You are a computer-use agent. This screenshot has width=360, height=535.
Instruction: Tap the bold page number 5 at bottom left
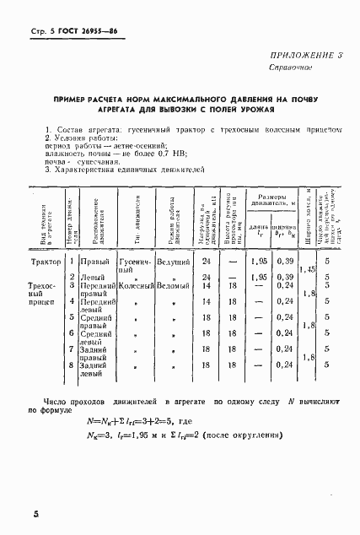(13, 514)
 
